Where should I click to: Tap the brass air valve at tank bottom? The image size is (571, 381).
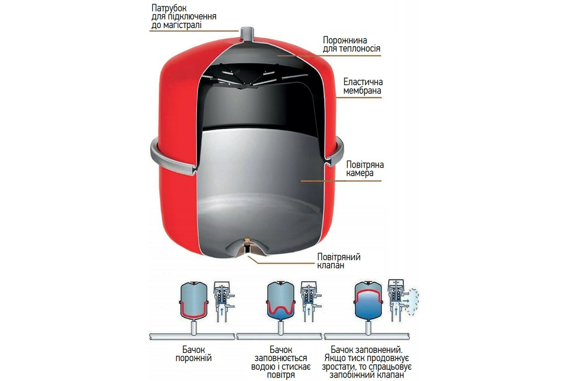point(247,244)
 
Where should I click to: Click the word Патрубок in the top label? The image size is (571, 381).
point(169,8)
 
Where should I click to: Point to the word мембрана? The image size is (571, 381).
point(362,90)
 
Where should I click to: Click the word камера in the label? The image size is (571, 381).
point(360,173)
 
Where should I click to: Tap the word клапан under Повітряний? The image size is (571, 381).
point(330,265)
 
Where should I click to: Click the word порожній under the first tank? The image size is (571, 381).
point(194,358)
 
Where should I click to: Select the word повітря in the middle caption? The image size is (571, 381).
point(281,375)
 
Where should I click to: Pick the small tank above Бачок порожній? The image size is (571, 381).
point(194,301)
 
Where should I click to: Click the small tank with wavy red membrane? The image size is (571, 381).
point(281,301)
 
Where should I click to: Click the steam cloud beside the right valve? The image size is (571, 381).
point(413,304)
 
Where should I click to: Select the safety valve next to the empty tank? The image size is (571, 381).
point(224,301)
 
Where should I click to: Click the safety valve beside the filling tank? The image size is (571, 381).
point(311,301)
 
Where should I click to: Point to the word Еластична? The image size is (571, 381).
point(363,82)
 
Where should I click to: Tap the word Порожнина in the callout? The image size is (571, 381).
point(345,40)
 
